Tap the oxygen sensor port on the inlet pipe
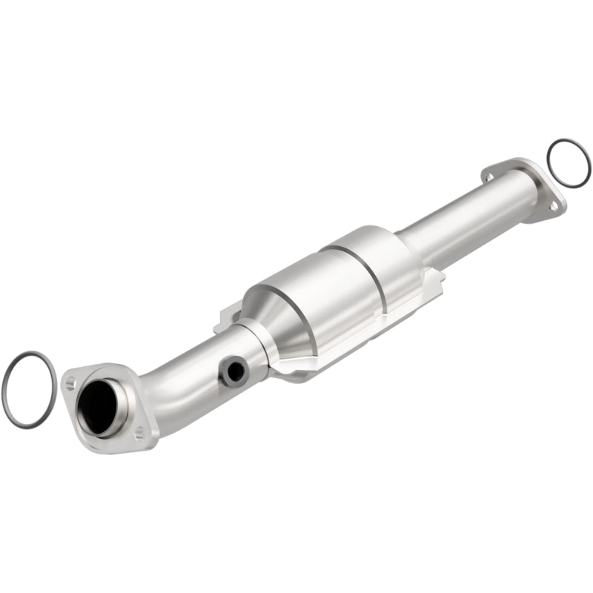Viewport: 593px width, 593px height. (234, 371)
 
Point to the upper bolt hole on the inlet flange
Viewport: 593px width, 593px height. (70, 382)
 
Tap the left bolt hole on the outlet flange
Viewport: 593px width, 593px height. (488, 176)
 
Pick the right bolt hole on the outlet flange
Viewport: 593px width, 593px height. (552, 207)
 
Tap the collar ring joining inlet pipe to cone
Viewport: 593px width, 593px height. (263, 348)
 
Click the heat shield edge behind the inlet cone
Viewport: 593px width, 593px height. (226, 324)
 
